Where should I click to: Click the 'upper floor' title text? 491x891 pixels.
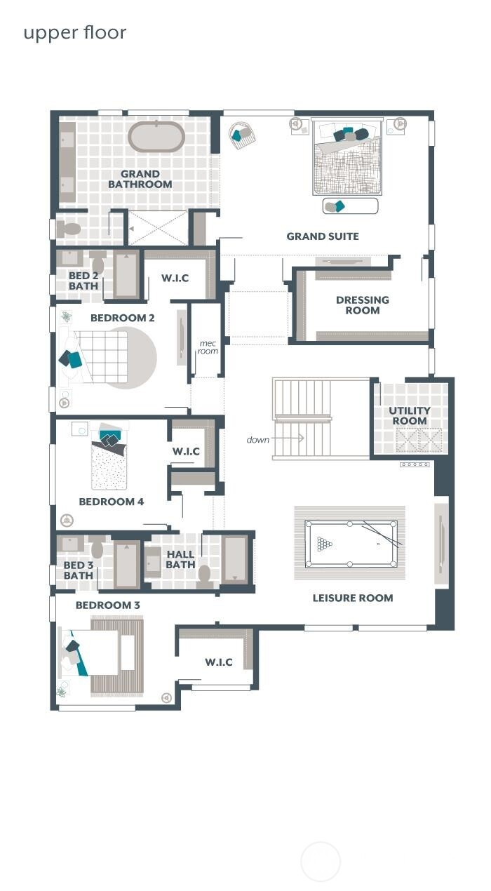(x=75, y=33)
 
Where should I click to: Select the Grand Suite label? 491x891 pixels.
(x=323, y=236)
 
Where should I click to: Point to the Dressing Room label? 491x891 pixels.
(x=363, y=305)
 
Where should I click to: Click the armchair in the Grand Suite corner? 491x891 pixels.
(x=242, y=134)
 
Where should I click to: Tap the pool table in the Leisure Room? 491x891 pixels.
(x=351, y=544)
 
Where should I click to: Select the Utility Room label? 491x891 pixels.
(x=410, y=416)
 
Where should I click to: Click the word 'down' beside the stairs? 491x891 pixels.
(x=258, y=440)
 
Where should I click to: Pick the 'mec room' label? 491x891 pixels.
(x=208, y=347)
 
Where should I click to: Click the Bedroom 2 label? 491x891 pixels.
(x=123, y=318)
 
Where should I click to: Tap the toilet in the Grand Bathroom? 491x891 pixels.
(x=69, y=229)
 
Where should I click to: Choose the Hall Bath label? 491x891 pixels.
(x=180, y=559)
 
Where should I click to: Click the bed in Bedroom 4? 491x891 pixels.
(x=109, y=463)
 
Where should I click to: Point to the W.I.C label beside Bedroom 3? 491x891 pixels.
(x=219, y=662)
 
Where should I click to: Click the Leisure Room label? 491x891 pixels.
(x=352, y=598)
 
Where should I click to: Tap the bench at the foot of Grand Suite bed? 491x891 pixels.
(x=350, y=206)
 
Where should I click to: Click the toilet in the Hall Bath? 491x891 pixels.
(x=205, y=575)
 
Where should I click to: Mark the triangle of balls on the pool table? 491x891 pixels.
(x=325, y=544)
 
